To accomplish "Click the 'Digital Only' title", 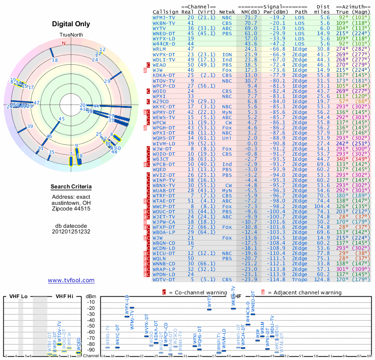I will (x=71, y=24).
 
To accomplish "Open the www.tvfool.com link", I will (x=71, y=280).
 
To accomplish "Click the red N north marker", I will (x=64, y=43).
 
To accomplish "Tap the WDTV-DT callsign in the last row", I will (x=164, y=280).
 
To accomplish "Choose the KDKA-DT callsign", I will (x=164, y=75).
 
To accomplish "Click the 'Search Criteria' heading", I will (x=71, y=187).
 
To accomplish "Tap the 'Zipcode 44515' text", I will (x=71, y=208).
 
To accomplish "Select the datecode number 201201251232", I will (x=71, y=232).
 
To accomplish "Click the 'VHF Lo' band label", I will (x=17, y=297).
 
